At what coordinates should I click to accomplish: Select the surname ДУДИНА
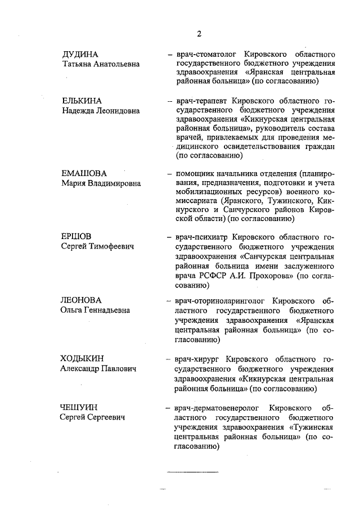click(x=80, y=55)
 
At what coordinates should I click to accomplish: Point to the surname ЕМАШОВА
click(x=84, y=173)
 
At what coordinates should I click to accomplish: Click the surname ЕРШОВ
click(x=76, y=236)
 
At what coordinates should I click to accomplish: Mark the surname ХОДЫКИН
click(x=83, y=358)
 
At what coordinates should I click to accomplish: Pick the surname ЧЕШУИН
click(x=79, y=407)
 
